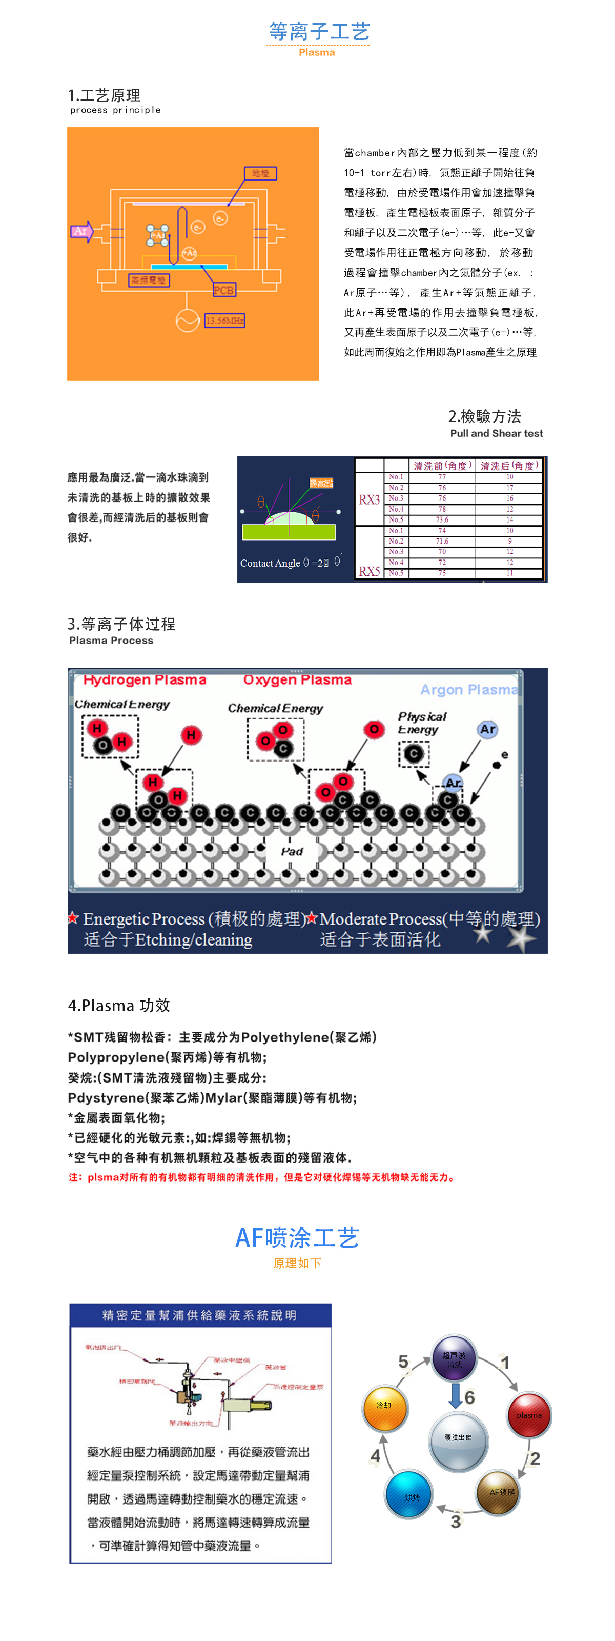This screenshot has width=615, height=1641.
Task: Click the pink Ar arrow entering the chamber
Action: click(x=81, y=231)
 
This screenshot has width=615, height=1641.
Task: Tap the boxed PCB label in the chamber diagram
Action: click(x=223, y=290)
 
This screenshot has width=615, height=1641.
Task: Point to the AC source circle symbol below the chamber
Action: click(x=187, y=321)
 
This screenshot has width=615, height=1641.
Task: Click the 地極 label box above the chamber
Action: click(x=260, y=173)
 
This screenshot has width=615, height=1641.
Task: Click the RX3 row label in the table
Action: click(x=369, y=499)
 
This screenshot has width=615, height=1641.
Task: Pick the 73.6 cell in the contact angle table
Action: click(x=442, y=520)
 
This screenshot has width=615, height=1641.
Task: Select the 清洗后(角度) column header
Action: click(x=509, y=466)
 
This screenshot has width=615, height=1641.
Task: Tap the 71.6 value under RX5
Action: click(x=442, y=541)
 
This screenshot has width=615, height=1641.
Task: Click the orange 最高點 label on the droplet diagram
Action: click(x=321, y=483)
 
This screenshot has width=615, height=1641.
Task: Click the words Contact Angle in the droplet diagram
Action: click(x=270, y=563)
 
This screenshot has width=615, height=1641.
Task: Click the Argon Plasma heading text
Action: click(x=468, y=690)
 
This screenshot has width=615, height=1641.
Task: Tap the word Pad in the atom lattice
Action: click(x=292, y=851)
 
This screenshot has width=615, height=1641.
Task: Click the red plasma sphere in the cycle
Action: click(x=528, y=1415)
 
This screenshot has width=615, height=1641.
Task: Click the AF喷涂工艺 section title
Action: click(x=297, y=1237)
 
